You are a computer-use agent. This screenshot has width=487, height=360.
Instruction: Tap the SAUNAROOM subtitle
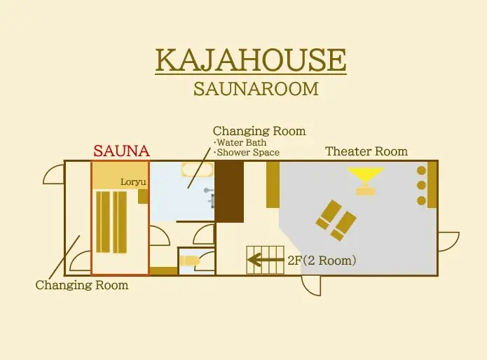256,89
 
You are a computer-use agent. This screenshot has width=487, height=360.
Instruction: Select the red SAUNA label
121,151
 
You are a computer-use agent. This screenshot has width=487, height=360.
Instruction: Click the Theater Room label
366,151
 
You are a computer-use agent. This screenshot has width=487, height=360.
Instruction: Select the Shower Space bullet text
247,153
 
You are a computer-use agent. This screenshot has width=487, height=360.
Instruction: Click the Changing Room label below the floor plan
82,285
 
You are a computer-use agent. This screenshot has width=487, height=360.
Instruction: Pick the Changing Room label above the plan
259,131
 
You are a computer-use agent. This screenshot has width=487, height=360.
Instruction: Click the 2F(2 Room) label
322,261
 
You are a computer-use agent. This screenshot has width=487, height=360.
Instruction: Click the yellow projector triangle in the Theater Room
365,175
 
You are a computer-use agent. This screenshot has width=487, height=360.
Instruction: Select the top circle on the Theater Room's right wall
421,170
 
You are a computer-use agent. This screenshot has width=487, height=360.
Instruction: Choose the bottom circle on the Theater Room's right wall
421,200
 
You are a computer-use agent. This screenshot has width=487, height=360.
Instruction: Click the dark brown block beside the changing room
229,191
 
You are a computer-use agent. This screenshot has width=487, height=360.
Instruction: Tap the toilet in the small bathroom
188,261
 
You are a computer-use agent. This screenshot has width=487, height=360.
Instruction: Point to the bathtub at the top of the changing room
195,169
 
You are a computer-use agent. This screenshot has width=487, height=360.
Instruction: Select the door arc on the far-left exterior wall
53,174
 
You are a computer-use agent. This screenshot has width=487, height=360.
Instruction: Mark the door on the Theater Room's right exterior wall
448,241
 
